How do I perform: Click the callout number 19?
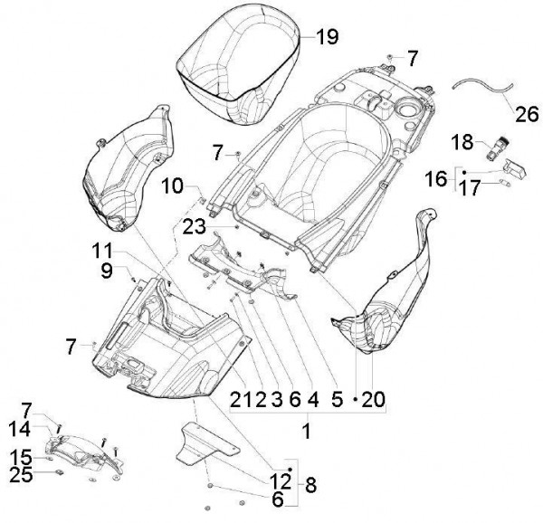pyautogui.click(x=327, y=37)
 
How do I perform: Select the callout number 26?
pyautogui.click(x=527, y=114)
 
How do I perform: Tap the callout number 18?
pyautogui.click(x=462, y=142)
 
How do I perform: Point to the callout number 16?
pyautogui.click(x=436, y=179)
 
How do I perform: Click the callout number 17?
pyautogui.click(x=470, y=188)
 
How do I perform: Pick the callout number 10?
pyautogui.click(x=172, y=185)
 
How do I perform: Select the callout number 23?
pyautogui.click(x=195, y=227)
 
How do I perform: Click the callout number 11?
pyautogui.click(x=102, y=251)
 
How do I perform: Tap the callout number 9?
pyautogui.click(x=107, y=271)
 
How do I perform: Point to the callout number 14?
pyautogui.click(x=20, y=429)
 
